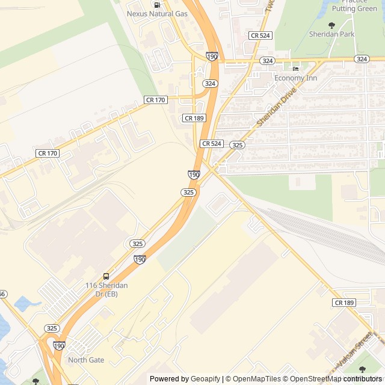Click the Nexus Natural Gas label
tap(157, 13)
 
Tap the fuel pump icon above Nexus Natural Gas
tap(157, 4)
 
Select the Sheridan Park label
tap(331, 34)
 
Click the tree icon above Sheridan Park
tap(331, 25)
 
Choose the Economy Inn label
tap(295, 78)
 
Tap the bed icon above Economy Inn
tap(295, 69)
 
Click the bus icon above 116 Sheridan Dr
tap(106, 276)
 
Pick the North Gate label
tap(86, 360)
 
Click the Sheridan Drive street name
tap(277, 107)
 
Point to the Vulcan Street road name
tap(356, 351)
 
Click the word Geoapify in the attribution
tap(206, 378)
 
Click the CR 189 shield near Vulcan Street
tap(344, 303)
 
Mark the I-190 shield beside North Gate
tap(59, 346)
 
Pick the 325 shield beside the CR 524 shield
tap(237, 145)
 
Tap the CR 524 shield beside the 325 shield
tap(212, 144)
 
